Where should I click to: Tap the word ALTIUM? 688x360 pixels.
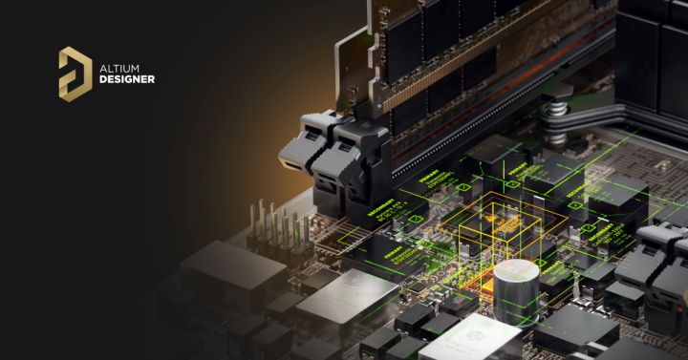[x=119, y=67]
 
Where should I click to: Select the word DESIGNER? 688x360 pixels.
[x=127, y=79]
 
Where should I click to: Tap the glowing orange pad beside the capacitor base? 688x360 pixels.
[x=475, y=280]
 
